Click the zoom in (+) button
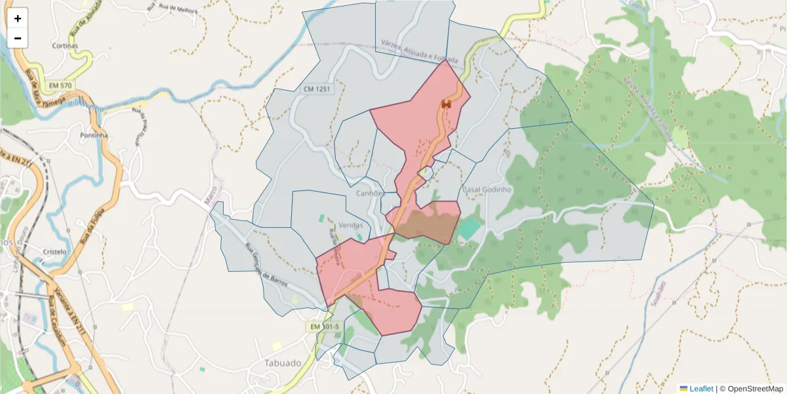(x=18, y=18)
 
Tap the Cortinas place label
(x=66, y=47)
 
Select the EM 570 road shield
(x=60, y=85)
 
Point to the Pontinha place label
(x=93, y=135)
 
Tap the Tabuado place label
(x=283, y=362)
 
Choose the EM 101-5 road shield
(x=325, y=326)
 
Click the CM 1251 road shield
(x=317, y=89)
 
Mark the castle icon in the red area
(x=447, y=104)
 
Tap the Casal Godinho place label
(x=487, y=189)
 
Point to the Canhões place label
(x=369, y=194)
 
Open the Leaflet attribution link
(x=701, y=389)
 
